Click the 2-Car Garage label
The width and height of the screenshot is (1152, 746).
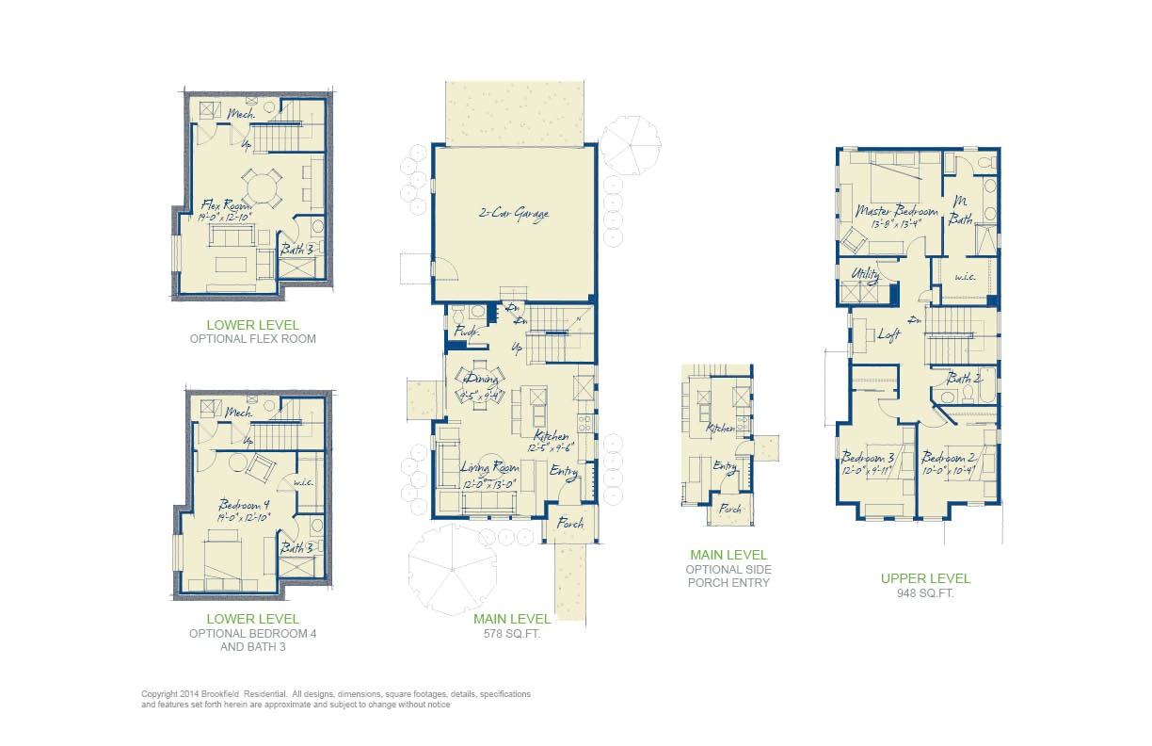click(512, 214)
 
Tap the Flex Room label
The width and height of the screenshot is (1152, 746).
click(224, 204)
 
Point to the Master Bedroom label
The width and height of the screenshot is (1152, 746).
click(896, 212)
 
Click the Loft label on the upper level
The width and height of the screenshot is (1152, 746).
click(889, 333)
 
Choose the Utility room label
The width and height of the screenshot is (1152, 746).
click(865, 275)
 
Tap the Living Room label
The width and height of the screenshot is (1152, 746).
click(489, 467)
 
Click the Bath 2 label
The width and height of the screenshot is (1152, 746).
click(964, 379)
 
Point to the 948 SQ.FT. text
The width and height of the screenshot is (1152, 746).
click(925, 593)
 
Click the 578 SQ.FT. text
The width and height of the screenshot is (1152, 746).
click(512, 633)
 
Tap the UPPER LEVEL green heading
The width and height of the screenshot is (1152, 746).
click(925, 578)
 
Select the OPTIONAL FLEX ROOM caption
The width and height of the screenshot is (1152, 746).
click(252, 339)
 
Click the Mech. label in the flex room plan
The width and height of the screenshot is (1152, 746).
click(238, 114)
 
